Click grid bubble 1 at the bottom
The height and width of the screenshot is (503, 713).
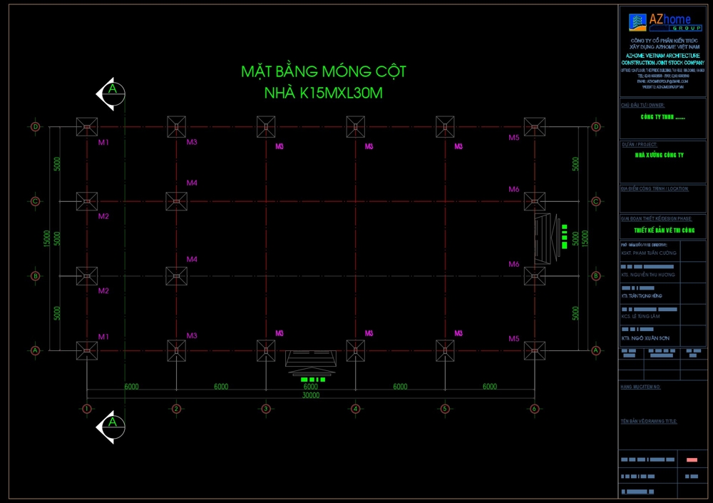pos(87,409)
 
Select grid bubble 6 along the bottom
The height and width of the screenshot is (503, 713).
pos(534,409)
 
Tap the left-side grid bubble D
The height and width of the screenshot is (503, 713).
pos(36,127)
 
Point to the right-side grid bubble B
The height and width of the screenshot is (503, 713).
pos(596,276)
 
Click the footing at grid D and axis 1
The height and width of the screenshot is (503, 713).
pos(87,127)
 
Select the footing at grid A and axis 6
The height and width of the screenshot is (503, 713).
pos(534,350)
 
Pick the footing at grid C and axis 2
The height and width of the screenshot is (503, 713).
pos(176,201)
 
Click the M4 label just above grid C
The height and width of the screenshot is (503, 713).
pos(192,183)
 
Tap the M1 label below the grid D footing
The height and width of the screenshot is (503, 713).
pos(103,143)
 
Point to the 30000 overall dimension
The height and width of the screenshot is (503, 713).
pos(311,395)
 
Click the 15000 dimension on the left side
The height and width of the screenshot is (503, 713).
pos(46,238)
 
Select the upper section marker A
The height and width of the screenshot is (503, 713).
pos(111,91)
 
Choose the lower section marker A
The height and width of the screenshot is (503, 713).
pos(111,423)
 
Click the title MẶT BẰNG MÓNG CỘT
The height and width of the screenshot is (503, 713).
pos(324,71)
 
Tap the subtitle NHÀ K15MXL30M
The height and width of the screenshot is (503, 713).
pos(324,93)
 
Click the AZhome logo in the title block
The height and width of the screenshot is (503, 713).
pos(662,23)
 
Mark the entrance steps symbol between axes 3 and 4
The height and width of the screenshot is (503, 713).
pos(312,360)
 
